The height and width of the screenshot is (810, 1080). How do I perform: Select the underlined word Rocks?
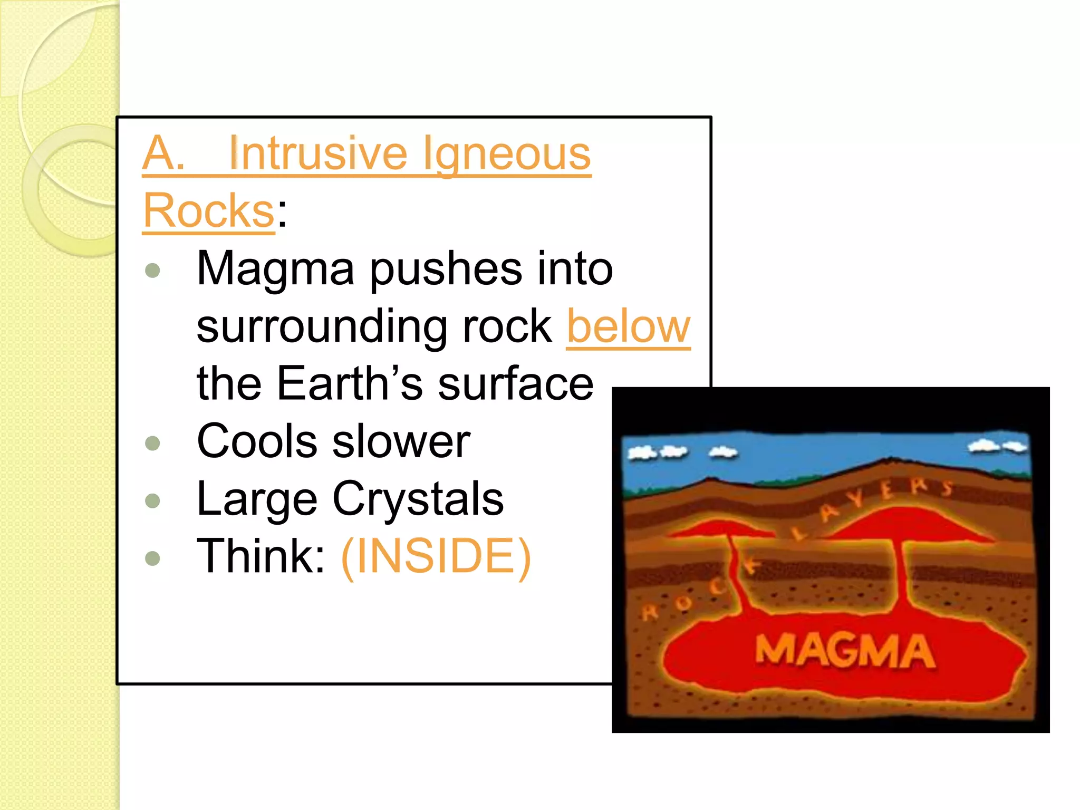pyautogui.click(x=209, y=211)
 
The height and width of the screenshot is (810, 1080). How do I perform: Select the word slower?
pyautogui.click(x=401, y=441)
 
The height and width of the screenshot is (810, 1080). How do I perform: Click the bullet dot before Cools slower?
pyautogui.click(x=152, y=442)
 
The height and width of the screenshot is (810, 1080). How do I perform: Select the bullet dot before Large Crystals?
pyautogui.click(x=152, y=500)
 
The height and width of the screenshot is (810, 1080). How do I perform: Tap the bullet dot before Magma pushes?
pyautogui.click(x=152, y=271)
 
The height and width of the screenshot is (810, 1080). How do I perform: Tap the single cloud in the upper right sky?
pyautogui.click(x=997, y=446)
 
